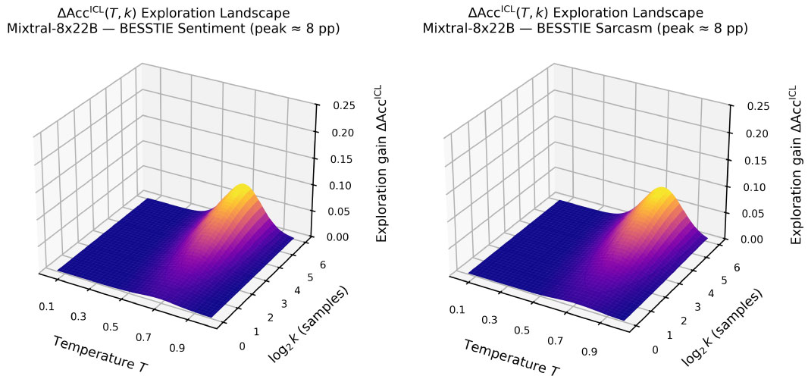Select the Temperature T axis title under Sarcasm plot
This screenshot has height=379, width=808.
point(512,356)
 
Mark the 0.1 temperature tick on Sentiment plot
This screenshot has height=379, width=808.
point(46,306)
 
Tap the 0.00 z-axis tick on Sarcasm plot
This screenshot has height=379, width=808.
point(747,239)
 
